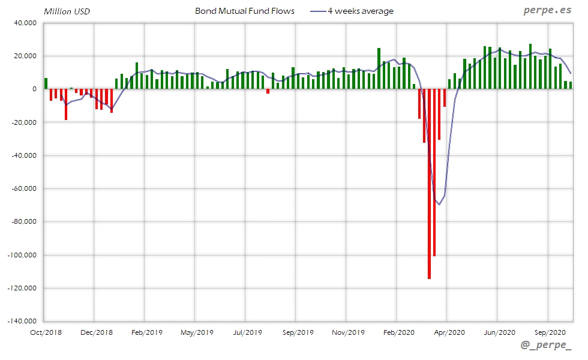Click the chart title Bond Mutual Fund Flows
(245, 11)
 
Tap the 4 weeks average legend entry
(361, 11)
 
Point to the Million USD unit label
(67, 11)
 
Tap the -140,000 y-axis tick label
(23, 322)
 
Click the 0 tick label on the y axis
(35, 89)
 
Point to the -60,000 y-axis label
(25, 189)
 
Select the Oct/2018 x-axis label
(46, 332)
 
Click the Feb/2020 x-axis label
(398, 332)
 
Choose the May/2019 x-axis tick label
(197, 332)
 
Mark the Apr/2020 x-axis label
(449, 332)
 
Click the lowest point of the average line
(439, 205)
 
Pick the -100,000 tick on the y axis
(23, 255)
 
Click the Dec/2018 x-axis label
(96, 332)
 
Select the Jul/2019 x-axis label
(247, 332)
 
